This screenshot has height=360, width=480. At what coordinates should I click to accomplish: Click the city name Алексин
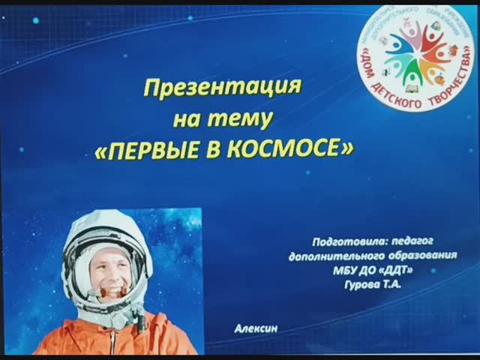click(250, 328)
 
